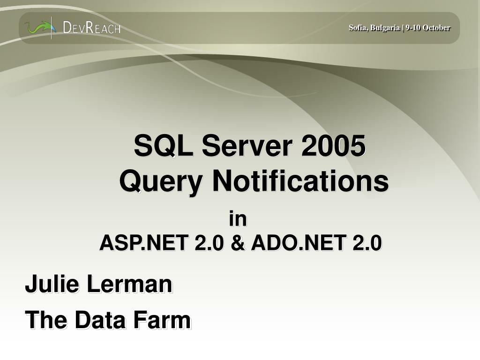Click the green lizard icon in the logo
pos(37,27)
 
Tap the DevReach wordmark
pos(92,28)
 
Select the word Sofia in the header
pos(357,28)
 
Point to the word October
pos(436,28)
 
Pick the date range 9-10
pos(413,28)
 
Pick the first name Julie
pos(52,284)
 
